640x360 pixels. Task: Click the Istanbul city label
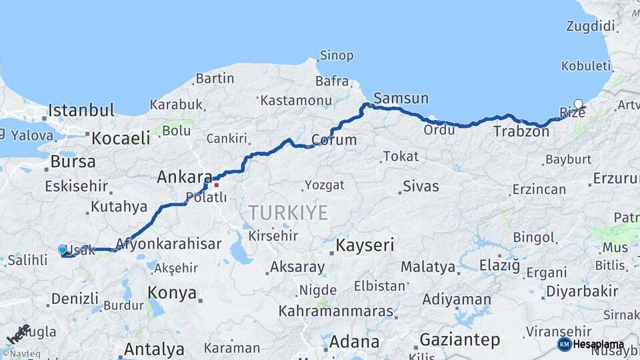point(81,110)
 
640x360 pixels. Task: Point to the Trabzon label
point(521,132)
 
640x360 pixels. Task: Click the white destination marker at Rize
point(578,104)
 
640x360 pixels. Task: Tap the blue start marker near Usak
point(63,250)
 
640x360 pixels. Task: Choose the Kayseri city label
point(365,245)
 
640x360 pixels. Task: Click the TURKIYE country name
point(288,213)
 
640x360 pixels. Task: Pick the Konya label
point(172,293)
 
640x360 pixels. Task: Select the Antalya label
point(154,349)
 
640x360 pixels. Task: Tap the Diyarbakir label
point(582,291)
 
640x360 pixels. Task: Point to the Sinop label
point(336,55)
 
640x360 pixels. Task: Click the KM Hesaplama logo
point(591,344)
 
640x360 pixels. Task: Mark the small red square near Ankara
point(216,185)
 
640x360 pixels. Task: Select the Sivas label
point(420,186)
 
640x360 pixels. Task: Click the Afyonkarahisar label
point(168,244)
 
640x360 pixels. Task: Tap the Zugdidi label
point(590,26)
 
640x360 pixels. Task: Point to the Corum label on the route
point(334,141)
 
